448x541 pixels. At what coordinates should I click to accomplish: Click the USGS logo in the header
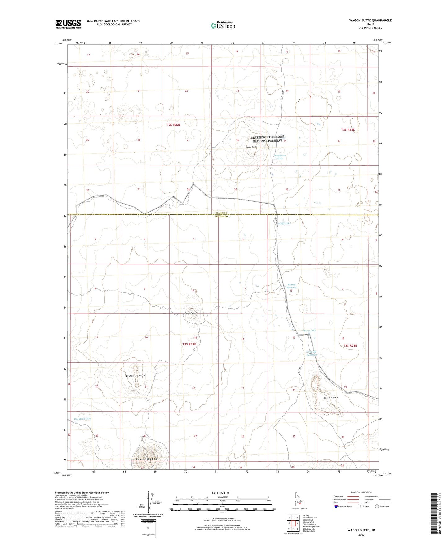[x=68, y=24]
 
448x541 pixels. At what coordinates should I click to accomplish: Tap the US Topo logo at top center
[x=223, y=25]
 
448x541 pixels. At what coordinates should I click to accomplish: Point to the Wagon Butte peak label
[x=251, y=147]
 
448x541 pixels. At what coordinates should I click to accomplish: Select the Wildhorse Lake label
[x=280, y=157]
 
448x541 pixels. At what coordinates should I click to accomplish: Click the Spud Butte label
[x=191, y=313]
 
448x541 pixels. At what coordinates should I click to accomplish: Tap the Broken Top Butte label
[x=135, y=376]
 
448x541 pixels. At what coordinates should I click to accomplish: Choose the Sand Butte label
[x=147, y=459]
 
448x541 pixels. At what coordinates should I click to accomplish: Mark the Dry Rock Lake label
[x=82, y=419]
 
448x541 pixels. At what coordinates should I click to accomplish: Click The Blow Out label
[x=331, y=398]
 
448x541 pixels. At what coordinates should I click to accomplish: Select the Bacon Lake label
[x=309, y=330]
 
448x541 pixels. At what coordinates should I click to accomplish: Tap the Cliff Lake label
[x=285, y=223]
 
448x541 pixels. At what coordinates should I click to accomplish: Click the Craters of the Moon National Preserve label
[x=267, y=139]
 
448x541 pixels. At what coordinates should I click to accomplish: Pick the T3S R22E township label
[x=189, y=344]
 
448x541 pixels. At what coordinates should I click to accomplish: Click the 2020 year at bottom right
[x=362, y=534]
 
